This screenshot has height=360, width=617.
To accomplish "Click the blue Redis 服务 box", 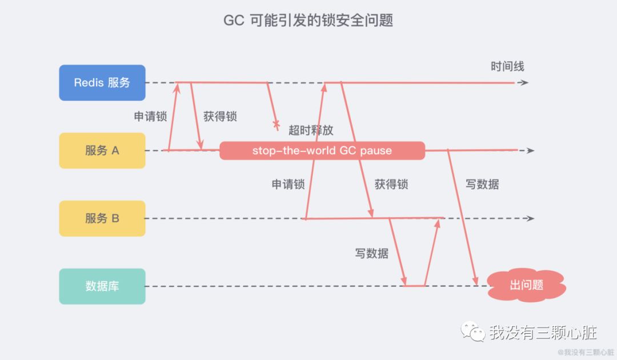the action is (x=102, y=83).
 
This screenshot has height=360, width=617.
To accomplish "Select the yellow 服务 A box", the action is (x=102, y=151).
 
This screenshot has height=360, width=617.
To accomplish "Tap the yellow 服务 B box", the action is (x=102, y=218).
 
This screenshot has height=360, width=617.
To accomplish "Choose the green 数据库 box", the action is (x=102, y=286).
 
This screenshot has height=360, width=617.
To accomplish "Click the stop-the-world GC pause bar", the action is (x=322, y=151).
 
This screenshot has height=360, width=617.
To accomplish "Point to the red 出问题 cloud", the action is (x=526, y=285).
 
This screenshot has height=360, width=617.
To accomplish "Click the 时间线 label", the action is (x=507, y=66).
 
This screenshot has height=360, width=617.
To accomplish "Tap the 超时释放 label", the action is (x=311, y=130).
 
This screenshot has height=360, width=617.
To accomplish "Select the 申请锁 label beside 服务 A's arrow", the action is (x=150, y=117).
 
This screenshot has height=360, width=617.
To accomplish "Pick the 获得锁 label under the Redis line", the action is (x=220, y=117).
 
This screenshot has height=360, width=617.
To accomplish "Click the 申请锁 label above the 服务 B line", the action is (x=288, y=185).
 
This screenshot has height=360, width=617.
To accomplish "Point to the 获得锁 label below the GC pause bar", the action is (x=391, y=185).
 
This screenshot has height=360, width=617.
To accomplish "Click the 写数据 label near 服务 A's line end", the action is (x=482, y=185).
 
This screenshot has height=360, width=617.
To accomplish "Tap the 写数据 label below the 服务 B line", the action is (x=371, y=253).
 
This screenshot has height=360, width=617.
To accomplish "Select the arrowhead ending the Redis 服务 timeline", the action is (x=524, y=83).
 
